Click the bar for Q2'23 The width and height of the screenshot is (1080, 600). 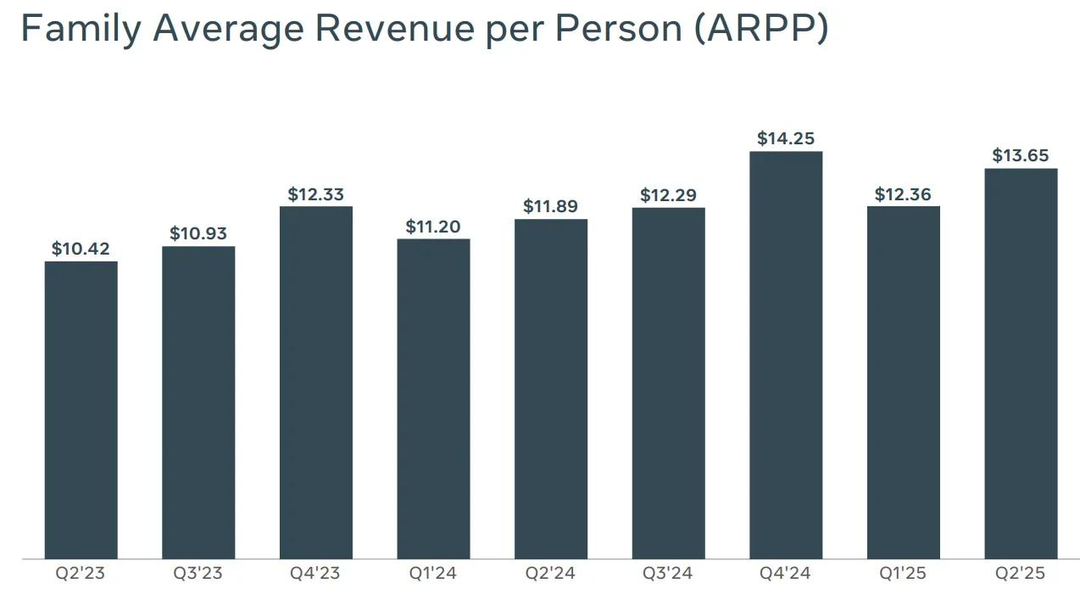tap(81, 410)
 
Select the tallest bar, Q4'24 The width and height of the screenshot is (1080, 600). tap(786, 355)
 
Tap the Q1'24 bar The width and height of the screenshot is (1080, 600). tap(433, 399)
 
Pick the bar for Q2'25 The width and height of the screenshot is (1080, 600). tap(1021, 363)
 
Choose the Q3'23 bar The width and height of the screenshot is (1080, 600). tap(198, 402)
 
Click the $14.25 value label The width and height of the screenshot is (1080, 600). tap(786, 138)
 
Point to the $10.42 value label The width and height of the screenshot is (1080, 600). tap(81, 249)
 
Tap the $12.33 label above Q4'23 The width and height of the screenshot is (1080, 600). tap(316, 194)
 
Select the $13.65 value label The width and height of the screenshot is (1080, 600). tap(1021, 155)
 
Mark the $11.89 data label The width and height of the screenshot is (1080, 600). tap(551, 206)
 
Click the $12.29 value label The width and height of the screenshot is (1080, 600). tap(668, 195)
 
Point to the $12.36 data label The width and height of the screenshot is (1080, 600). tap(903, 194)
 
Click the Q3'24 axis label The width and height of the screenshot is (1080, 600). tap(668, 574)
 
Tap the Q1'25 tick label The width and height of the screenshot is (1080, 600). tap(903, 574)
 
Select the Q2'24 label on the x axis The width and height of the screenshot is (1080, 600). tap(551, 574)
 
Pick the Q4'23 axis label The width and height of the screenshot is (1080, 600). tap(315, 574)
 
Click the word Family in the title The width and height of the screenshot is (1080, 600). tap(78, 29)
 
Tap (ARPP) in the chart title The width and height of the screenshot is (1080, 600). tap(760, 29)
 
